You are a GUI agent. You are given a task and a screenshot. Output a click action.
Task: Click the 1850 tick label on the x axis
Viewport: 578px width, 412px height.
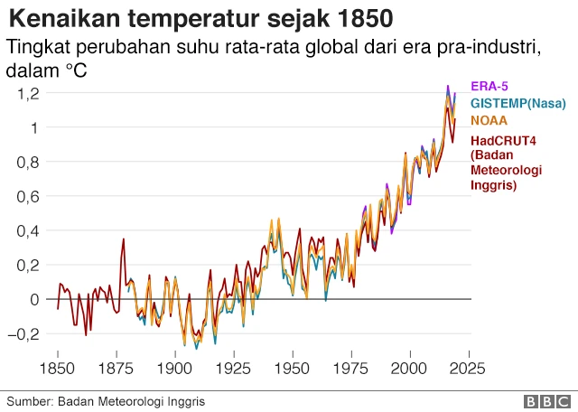click(x=58, y=369)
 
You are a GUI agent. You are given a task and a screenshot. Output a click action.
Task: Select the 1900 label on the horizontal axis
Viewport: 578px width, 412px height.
click(x=175, y=369)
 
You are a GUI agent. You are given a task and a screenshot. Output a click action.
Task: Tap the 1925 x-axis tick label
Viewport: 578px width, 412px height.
click(x=234, y=369)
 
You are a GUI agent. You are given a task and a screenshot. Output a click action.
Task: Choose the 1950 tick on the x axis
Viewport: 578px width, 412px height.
click(x=293, y=369)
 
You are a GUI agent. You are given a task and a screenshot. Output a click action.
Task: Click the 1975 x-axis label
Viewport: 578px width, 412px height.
click(x=351, y=369)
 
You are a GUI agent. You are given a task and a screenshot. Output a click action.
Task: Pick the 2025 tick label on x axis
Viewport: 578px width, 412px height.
click(x=469, y=369)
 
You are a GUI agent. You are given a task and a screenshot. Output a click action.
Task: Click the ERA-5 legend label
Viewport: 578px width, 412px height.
click(x=490, y=87)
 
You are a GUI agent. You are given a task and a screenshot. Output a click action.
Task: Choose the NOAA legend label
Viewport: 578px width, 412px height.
click(x=489, y=121)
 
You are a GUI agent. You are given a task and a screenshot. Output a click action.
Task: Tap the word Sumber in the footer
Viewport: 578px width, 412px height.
click(x=29, y=400)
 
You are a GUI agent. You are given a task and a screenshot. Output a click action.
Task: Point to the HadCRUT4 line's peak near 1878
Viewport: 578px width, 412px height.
click(x=124, y=239)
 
